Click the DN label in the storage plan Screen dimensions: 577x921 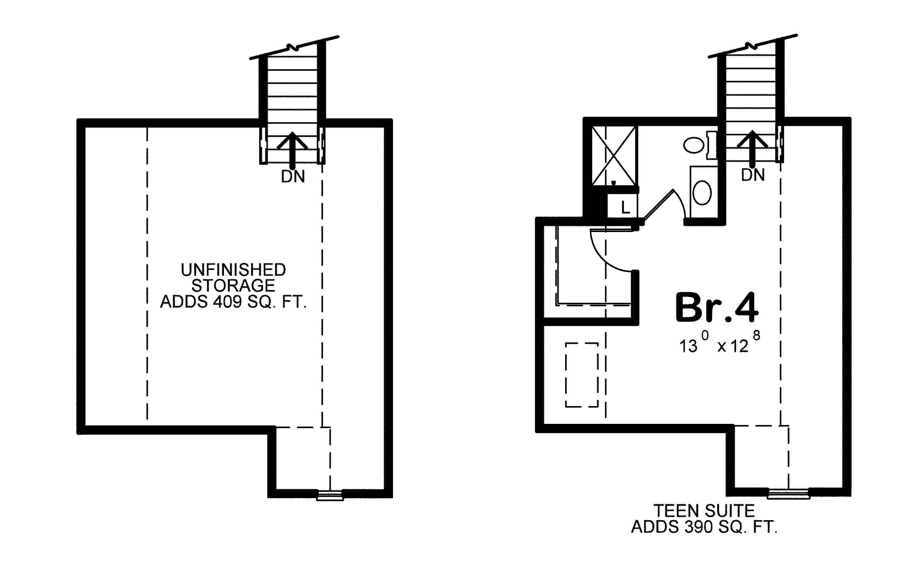(293, 177)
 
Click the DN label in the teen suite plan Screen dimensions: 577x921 (753, 175)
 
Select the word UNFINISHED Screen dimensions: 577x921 (233, 270)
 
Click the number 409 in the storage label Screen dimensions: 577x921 (227, 302)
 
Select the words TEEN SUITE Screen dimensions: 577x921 (704, 511)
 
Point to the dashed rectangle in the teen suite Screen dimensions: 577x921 (582, 374)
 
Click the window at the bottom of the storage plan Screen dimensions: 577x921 (330, 495)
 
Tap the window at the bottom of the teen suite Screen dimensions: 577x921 (788, 493)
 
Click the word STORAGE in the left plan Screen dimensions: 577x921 (233, 286)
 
